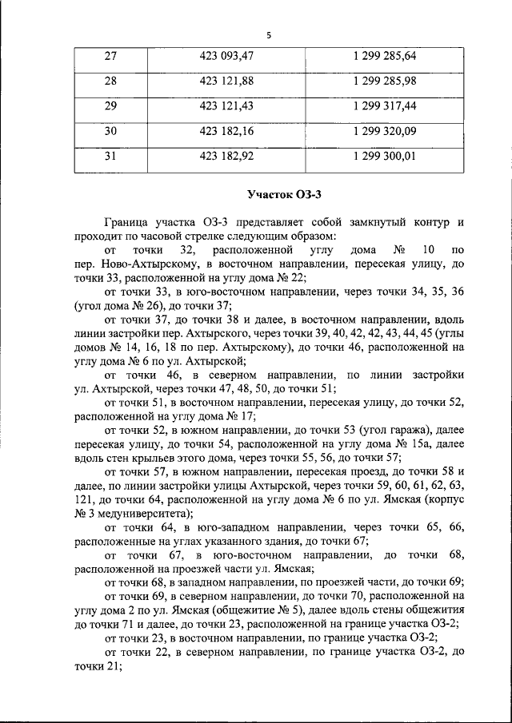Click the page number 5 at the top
coord(269,35)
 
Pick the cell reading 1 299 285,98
coord(383,81)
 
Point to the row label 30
coord(110,131)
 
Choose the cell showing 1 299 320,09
coord(383,131)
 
